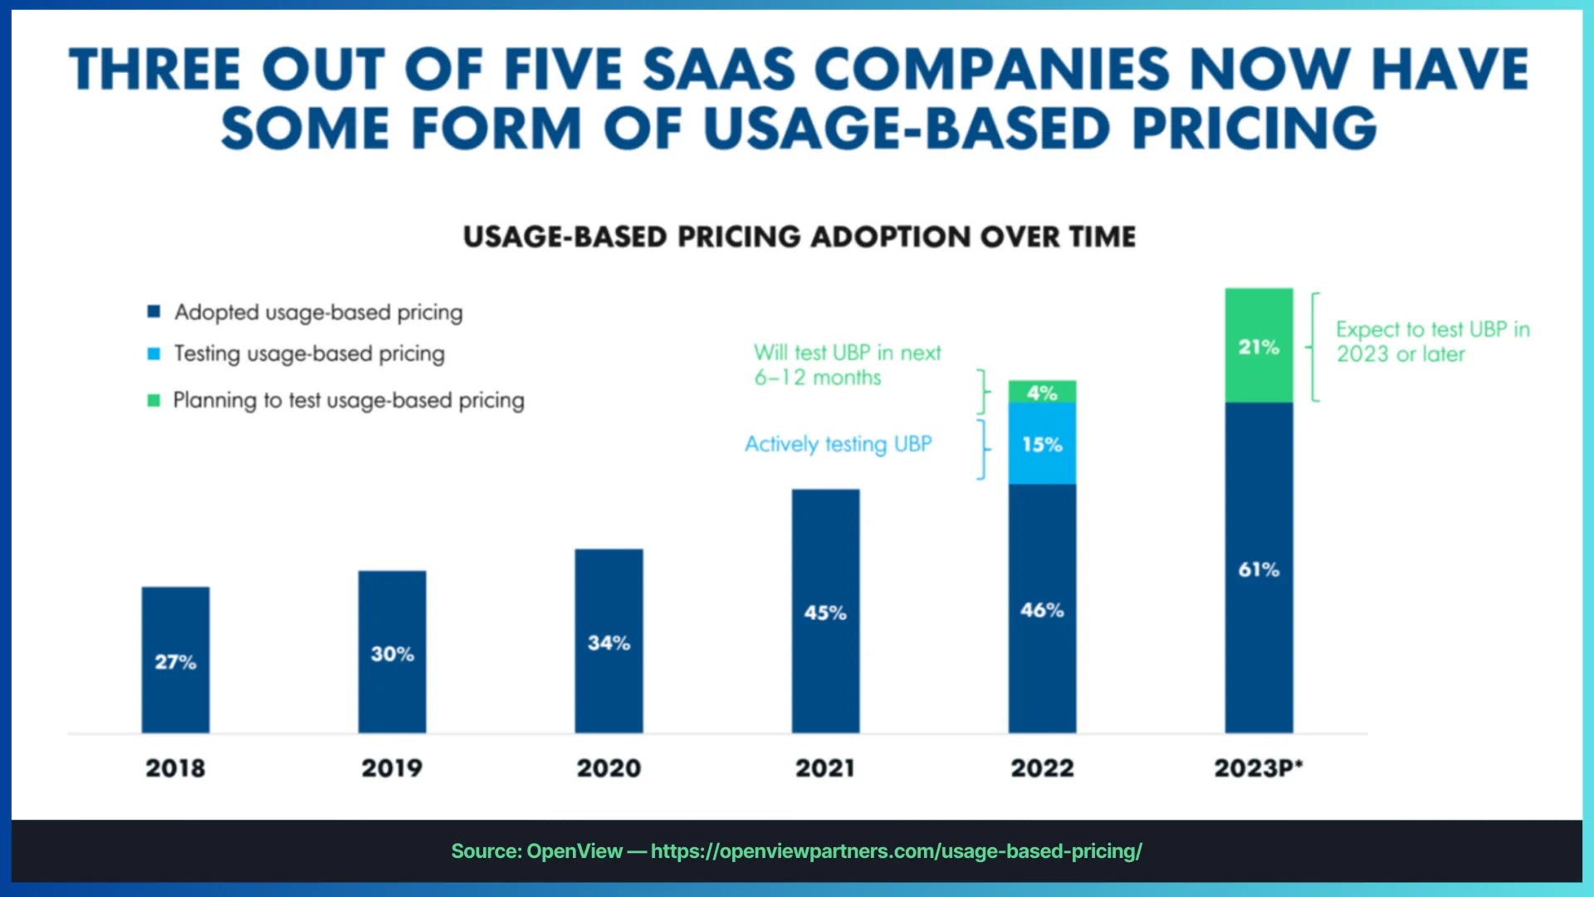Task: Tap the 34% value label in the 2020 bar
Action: pos(609,643)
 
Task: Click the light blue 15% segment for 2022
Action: pos(1042,444)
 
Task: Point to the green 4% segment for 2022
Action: pos(1042,392)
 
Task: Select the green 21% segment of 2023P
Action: pos(1259,346)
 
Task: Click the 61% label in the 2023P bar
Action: pos(1259,570)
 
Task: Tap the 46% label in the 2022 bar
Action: pos(1042,610)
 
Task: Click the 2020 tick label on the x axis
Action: pos(609,768)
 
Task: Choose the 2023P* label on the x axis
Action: pos(1259,768)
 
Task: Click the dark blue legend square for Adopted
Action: pos(154,311)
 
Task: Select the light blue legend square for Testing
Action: pos(154,354)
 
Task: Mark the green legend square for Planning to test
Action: pos(154,400)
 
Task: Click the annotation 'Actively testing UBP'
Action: pos(838,444)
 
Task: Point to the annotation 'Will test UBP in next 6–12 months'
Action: pos(847,365)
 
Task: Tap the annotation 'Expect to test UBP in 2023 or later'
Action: pos(1432,341)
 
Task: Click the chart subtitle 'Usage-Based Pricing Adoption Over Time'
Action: pos(799,237)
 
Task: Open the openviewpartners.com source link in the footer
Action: pos(896,851)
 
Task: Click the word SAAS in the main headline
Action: pos(719,69)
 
